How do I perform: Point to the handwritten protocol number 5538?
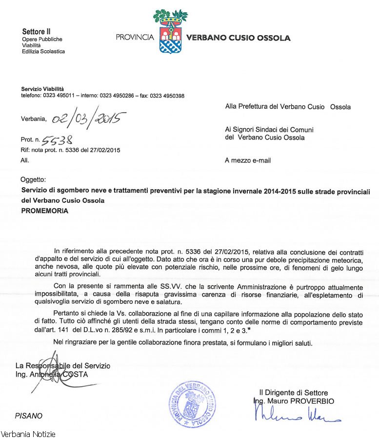[x=57, y=140]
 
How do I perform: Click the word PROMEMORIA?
[x=45, y=211]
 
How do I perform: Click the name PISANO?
[x=28, y=416]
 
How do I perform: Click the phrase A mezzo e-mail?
[x=248, y=160]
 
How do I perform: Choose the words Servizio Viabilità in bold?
[x=42, y=89]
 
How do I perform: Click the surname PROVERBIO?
[x=311, y=401]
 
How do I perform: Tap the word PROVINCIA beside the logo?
[x=135, y=38]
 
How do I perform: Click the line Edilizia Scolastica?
[x=43, y=51]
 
